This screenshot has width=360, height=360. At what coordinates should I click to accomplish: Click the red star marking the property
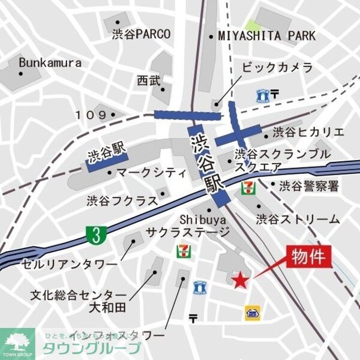point(239,280)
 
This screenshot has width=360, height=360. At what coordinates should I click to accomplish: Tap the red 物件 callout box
point(311,257)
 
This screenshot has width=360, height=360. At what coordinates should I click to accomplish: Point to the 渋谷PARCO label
point(142,34)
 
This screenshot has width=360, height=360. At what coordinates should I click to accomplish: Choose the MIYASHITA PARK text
point(266,36)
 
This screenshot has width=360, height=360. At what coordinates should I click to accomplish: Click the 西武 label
point(148,80)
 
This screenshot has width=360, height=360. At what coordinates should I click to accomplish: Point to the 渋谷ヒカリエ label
point(308,132)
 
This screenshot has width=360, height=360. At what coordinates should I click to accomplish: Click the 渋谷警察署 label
point(309,186)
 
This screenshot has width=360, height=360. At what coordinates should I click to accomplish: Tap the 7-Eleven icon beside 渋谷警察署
point(247,187)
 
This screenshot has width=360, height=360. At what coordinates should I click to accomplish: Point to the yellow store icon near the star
point(252,312)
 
